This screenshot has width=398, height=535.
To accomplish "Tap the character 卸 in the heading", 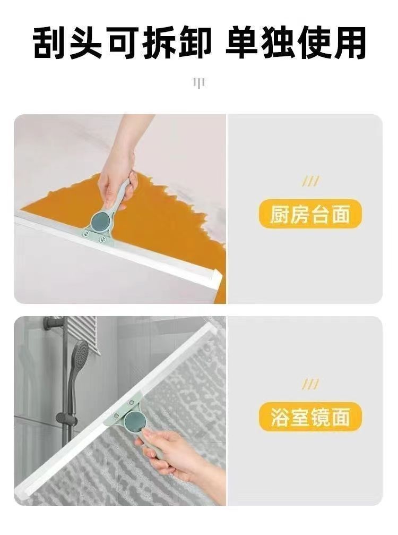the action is [194, 44].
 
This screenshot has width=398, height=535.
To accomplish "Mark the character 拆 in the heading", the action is [158, 44].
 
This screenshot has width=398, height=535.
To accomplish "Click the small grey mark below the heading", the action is [199, 83].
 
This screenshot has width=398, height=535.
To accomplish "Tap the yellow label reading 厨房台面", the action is [310, 215].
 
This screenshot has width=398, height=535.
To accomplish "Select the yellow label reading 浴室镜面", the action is [310, 417].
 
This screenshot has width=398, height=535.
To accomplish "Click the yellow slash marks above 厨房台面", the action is [310, 182].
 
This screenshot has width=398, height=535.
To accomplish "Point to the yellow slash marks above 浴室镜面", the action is [310, 385].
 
